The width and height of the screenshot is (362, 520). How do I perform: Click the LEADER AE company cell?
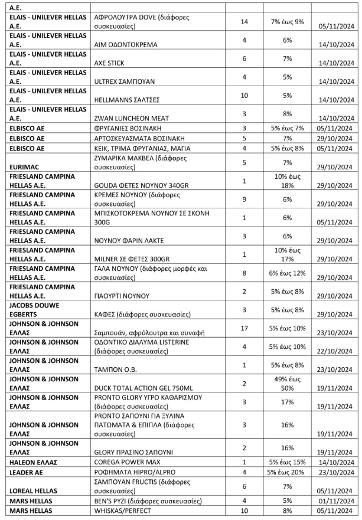pos(24,472)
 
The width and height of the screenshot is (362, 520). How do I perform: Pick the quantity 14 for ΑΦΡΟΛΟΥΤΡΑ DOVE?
pos(244,21)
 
